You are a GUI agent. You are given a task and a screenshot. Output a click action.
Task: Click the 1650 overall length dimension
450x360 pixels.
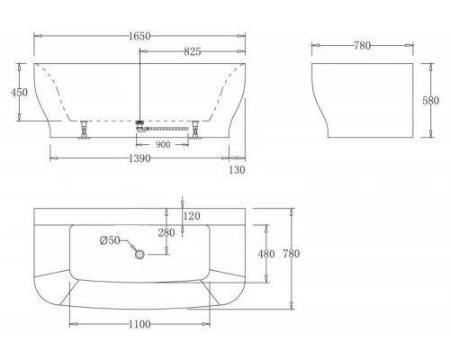(x=139, y=36)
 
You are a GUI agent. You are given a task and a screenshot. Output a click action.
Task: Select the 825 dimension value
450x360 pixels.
(x=192, y=53)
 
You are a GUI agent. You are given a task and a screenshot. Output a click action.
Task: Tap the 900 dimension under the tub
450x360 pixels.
(x=163, y=144)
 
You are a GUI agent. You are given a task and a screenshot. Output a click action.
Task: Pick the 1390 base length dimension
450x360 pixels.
(x=139, y=157)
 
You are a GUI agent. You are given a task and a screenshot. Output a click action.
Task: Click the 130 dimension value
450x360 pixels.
(x=237, y=169)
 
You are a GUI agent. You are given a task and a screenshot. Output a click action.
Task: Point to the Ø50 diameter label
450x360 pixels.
(x=108, y=239)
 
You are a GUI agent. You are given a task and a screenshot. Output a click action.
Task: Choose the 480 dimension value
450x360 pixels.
(x=266, y=254)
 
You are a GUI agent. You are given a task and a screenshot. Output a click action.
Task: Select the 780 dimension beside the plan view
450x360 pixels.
(x=292, y=254)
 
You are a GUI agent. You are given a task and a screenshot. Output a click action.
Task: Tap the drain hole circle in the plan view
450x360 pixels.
(x=139, y=255)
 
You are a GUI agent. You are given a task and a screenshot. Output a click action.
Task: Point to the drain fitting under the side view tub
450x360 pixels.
(x=140, y=125)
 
